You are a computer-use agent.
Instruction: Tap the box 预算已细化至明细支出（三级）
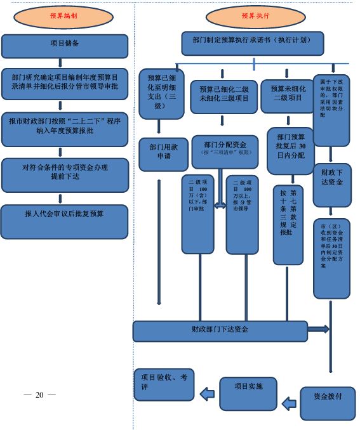161,94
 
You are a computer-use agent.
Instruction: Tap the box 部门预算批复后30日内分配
290,151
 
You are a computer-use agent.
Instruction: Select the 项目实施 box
249,393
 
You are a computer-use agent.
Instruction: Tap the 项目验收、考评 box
164,384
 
